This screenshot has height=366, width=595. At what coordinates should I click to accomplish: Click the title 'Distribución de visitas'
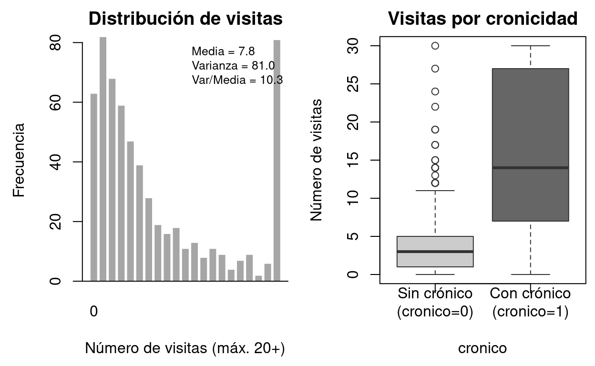pos(185,19)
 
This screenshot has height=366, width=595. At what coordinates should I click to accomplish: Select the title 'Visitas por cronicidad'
pos(482,19)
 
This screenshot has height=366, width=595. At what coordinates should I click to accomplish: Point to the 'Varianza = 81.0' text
pos(233,65)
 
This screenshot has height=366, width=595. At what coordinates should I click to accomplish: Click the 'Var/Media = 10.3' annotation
pos(237,80)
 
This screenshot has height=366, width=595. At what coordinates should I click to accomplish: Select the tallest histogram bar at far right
pos(277,160)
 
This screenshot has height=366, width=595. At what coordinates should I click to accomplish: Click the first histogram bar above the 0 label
pos(94,187)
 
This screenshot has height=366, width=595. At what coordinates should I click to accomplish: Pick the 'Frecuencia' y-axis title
pos(19,160)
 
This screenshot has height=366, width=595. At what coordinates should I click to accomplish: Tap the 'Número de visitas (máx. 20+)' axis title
pos(185,348)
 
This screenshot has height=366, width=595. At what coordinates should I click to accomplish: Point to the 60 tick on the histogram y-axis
pos(56,102)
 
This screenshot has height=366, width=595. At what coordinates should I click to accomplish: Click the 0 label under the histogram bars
pos(94,312)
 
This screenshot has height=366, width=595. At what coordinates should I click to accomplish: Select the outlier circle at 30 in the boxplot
pos(435,46)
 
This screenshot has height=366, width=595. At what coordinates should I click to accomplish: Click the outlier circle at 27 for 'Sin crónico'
pos(435,69)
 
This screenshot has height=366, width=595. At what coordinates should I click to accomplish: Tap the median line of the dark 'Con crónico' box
pos(530,168)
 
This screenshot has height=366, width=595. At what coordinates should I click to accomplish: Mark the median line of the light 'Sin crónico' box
pos(435,251)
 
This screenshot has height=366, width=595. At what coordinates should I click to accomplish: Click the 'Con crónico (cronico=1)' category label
pos(530,302)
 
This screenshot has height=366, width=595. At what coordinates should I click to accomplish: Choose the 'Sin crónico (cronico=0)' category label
pos(435,302)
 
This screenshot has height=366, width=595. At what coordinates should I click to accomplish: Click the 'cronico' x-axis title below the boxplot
pos(482,348)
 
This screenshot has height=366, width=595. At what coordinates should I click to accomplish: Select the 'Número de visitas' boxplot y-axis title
pos(317,160)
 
